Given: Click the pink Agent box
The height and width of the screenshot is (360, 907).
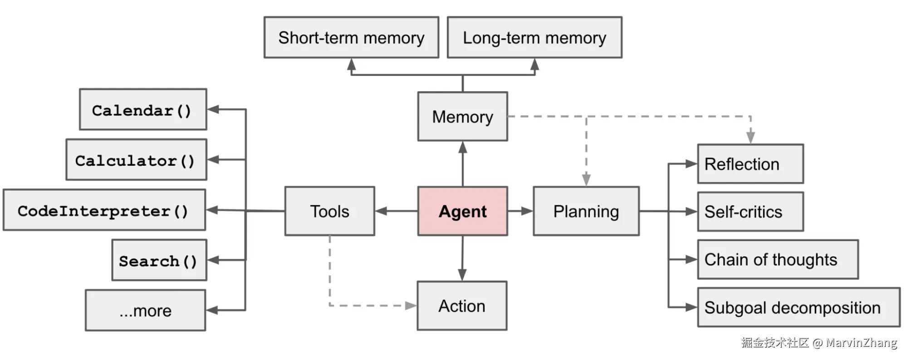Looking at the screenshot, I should [462, 211].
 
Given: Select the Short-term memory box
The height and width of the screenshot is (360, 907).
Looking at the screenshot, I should [351, 38].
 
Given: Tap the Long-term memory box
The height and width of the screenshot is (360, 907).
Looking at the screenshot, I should [534, 38].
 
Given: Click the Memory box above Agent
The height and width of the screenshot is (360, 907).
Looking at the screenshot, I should [462, 117].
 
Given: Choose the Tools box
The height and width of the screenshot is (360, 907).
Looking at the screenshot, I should [329, 211].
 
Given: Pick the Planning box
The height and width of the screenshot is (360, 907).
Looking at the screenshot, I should [586, 211].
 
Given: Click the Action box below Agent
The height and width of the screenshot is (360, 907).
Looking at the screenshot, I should [462, 306].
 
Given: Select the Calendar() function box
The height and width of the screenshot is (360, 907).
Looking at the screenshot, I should [142, 110].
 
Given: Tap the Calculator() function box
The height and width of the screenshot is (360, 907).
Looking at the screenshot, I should [136, 160].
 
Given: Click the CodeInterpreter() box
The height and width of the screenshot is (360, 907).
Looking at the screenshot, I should [104, 210].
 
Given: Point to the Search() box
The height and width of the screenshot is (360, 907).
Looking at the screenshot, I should [159, 260].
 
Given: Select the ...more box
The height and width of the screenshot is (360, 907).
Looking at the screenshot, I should [145, 311].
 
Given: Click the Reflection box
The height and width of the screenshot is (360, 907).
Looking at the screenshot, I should [750, 164].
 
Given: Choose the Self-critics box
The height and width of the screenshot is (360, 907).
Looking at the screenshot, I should [750, 212].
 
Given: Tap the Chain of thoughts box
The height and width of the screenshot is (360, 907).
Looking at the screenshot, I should [777, 259].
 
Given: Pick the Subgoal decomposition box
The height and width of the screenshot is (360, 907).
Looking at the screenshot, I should [798, 307].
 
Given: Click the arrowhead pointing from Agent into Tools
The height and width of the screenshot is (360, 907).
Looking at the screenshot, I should [381, 211].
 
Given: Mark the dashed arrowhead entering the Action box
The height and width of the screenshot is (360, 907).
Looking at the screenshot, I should [411, 306].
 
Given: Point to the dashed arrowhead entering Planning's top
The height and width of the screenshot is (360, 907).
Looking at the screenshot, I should [586, 180].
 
